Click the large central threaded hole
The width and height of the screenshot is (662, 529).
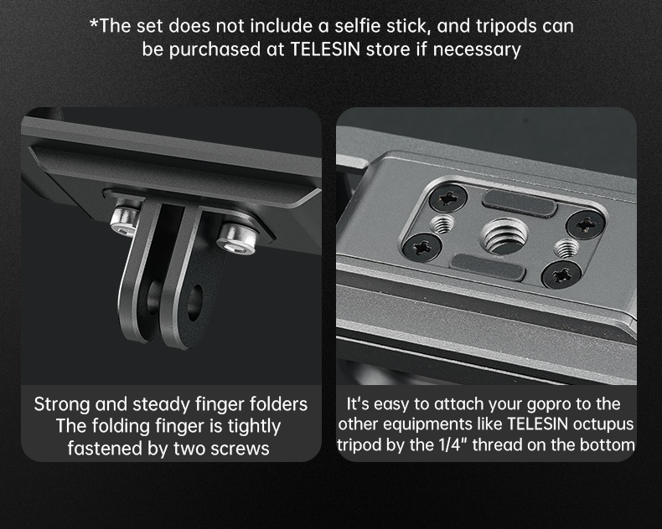504,236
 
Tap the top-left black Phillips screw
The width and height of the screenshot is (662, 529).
448,198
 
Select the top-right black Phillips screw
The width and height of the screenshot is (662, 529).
586,224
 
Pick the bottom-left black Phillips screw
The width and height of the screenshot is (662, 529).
422,247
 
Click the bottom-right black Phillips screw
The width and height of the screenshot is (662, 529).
561,275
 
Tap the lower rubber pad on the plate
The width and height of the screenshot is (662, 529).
489,267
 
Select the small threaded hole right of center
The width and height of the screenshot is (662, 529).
566,248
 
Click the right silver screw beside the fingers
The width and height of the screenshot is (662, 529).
237,238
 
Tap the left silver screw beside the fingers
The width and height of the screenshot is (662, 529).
125,219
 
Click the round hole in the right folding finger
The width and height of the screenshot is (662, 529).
194,301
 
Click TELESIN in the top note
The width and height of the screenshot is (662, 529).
325,49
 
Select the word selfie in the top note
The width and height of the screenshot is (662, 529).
356,26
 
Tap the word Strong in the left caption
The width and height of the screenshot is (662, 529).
63,404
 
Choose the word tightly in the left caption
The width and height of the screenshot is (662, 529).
254,426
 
